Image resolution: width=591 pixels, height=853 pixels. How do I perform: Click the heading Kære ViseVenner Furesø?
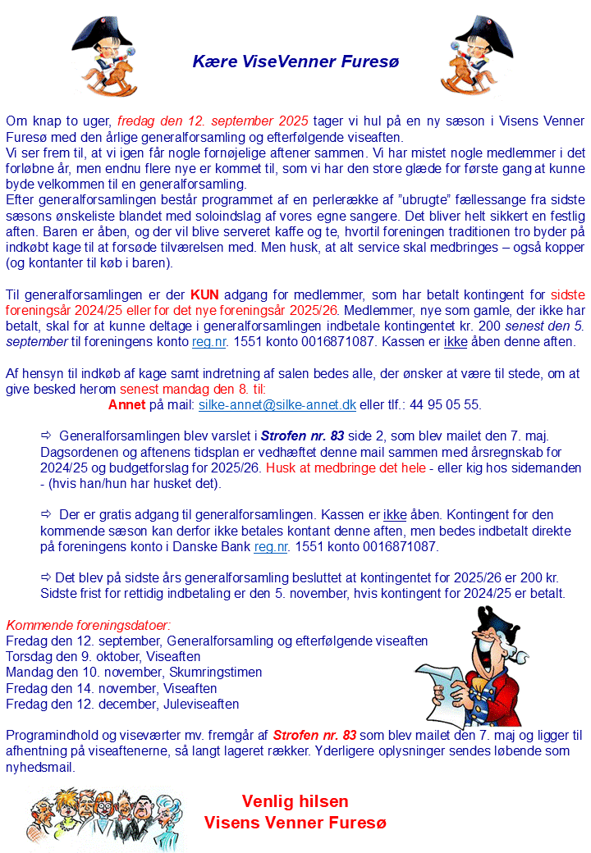pos(295,62)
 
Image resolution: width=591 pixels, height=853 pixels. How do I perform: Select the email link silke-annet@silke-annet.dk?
pos(277,405)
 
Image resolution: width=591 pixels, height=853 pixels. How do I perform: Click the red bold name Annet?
pos(126,405)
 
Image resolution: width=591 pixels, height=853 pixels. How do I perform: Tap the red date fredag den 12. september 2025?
pos(213,121)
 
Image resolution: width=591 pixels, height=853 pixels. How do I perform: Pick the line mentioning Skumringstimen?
pos(134,673)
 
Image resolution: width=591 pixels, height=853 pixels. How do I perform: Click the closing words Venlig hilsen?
pos(295,801)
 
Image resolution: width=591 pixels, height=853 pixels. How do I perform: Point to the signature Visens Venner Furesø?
pos(295,822)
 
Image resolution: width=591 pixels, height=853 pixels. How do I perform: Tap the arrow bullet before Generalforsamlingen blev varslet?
pos(46,436)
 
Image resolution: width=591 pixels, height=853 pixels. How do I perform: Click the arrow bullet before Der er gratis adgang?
pos(46,514)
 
